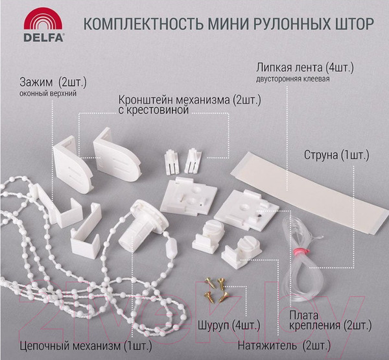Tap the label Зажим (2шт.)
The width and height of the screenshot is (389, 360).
pyautogui.click(x=55, y=82)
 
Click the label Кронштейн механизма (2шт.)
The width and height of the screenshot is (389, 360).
pyautogui.click(x=181, y=101)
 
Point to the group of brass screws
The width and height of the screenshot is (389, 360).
pyautogui.click(x=214, y=289)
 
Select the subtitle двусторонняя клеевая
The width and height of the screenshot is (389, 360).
pyautogui.click(x=293, y=79)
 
